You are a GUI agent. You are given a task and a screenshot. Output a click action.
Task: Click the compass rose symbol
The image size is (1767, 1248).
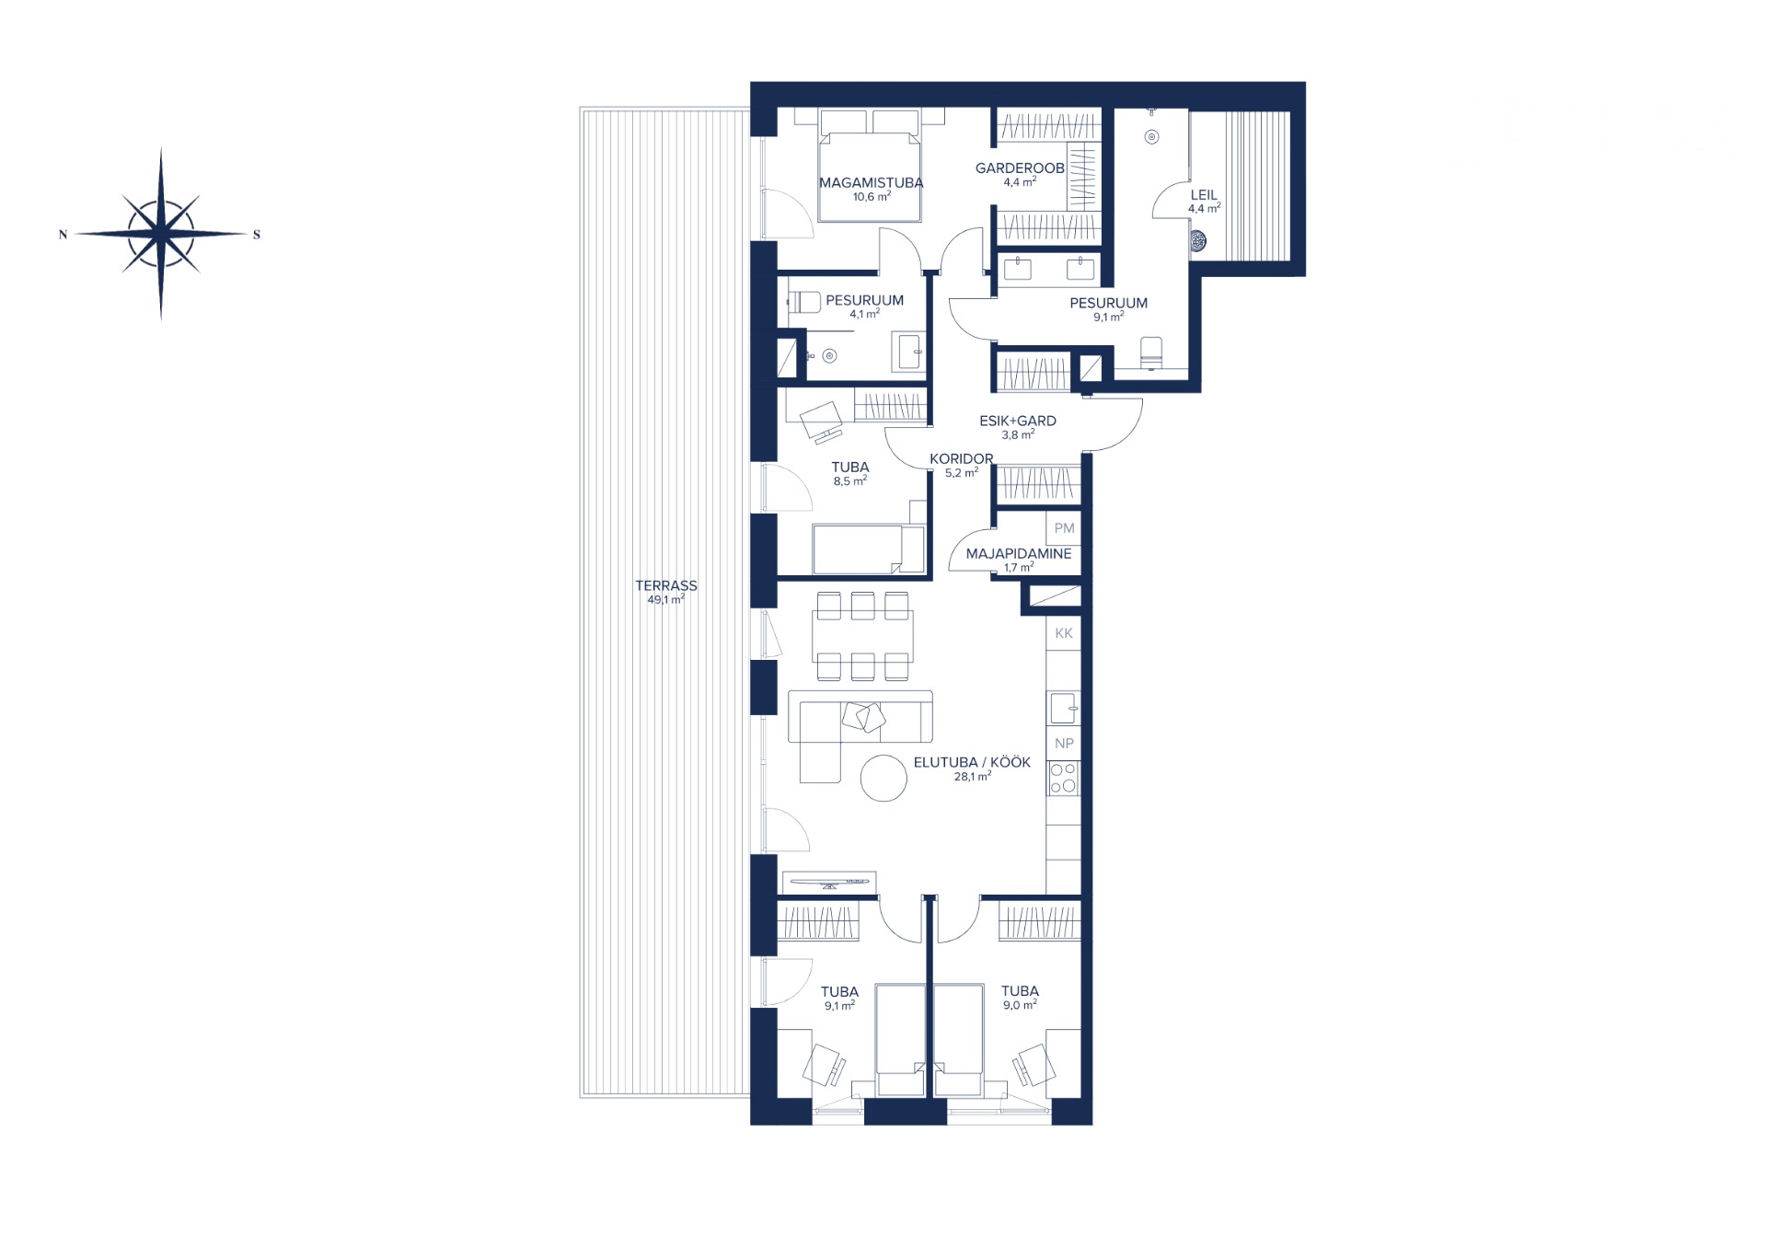pyautogui.click(x=161, y=234)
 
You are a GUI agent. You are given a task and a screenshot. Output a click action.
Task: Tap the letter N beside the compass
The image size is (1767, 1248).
pyautogui.click(x=63, y=235)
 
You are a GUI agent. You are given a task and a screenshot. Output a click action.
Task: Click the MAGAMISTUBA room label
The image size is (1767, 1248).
pyautogui.click(x=871, y=182)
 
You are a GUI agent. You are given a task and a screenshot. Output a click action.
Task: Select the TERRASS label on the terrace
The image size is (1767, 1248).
pyautogui.click(x=666, y=585)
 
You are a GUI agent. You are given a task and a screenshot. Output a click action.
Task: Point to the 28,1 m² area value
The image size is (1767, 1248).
pyautogui.click(x=972, y=777)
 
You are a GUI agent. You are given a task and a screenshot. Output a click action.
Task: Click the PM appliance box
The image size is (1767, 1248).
pyautogui.click(x=1064, y=528)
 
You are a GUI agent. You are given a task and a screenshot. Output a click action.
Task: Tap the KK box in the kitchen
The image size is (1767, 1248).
pyautogui.click(x=1064, y=633)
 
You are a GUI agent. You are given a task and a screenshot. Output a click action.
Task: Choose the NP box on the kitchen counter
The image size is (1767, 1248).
pyautogui.click(x=1064, y=744)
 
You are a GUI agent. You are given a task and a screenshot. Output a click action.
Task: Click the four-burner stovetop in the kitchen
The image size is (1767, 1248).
pyautogui.click(x=1064, y=779)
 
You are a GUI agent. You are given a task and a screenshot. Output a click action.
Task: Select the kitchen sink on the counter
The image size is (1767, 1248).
pyautogui.click(x=1064, y=708)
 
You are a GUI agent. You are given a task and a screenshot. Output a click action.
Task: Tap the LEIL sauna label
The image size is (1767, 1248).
pyautogui.click(x=1204, y=195)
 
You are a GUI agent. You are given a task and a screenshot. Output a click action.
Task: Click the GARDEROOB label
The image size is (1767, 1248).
pyautogui.click(x=1020, y=168)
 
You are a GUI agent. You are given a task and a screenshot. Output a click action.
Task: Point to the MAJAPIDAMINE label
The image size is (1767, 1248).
pyautogui.click(x=1019, y=554)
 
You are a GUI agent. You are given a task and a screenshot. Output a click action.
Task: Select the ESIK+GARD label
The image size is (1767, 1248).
pyautogui.click(x=1018, y=421)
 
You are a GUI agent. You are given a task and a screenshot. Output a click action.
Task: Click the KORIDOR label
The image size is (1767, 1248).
pyautogui.click(x=961, y=458)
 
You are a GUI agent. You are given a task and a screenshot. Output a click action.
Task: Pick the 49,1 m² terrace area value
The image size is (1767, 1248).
pyautogui.click(x=665, y=600)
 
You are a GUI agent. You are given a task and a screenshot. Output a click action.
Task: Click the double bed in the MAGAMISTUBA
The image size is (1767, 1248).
pyautogui.click(x=871, y=167)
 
